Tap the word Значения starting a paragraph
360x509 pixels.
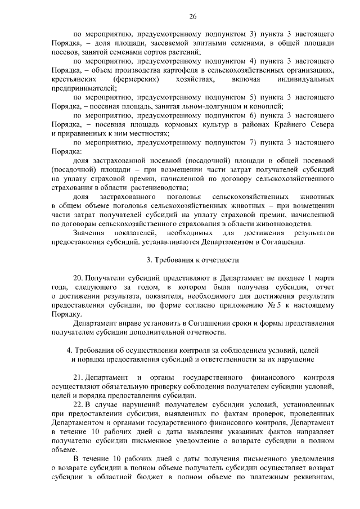[x=89, y=233]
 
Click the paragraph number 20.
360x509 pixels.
[x=79, y=278]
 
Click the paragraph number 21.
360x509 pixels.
[x=79, y=377]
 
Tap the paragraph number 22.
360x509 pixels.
[x=79, y=404]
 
